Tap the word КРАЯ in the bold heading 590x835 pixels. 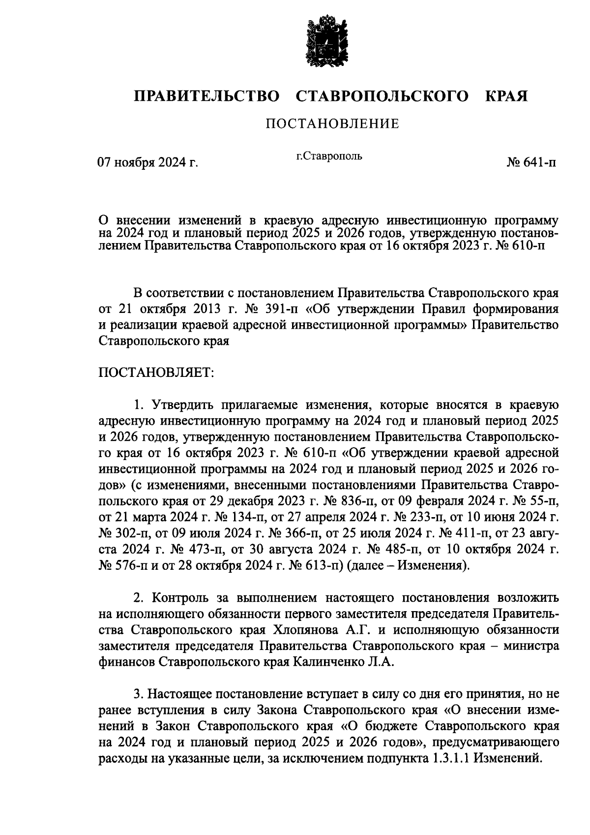coord(506,96)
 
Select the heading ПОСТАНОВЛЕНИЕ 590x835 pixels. coord(332,124)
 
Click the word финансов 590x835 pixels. coord(127,662)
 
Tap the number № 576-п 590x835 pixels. coord(122,565)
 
